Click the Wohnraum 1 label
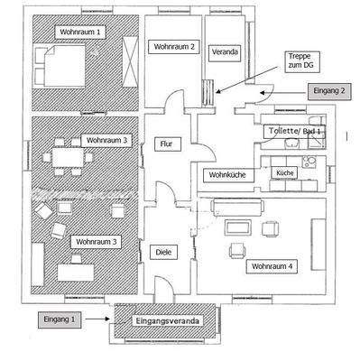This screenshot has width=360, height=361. click(x=81, y=32)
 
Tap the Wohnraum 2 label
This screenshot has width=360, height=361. click(x=175, y=47)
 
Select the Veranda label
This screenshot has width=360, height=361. click(x=225, y=52)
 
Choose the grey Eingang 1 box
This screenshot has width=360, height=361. click(x=61, y=319)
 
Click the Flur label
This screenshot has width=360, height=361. click(x=165, y=144)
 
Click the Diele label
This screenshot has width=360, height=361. click(x=163, y=252)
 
